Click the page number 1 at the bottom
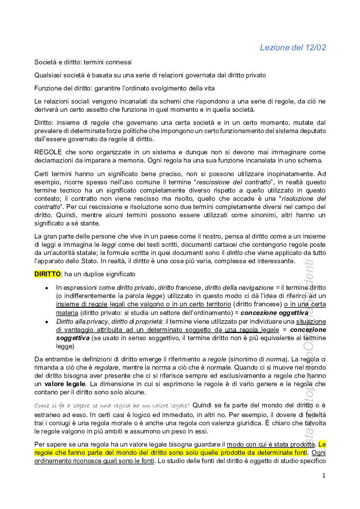pyautogui.click(x=324, y=476)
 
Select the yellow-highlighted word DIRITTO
pyautogui.click(x=47, y=274)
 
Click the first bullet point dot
pyautogui.click(x=46, y=288)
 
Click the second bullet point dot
pyautogui.click(x=46, y=321)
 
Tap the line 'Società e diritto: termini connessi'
pyautogui.click(x=83, y=62)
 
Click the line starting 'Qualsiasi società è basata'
pyautogui.click(x=150, y=75)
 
